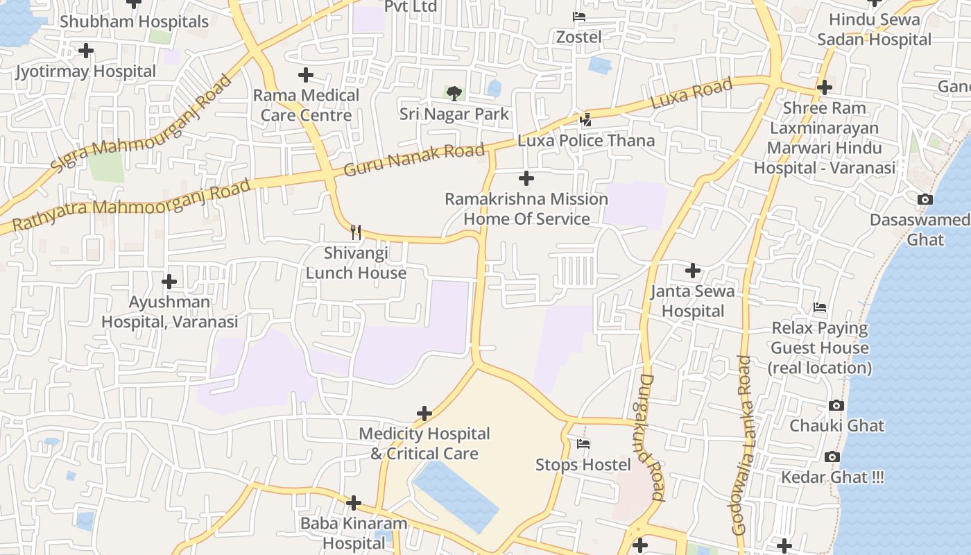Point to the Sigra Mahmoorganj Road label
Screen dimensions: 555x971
click(x=141, y=124)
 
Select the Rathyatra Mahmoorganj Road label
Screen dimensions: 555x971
click(x=131, y=205)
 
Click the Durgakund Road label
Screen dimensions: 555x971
click(x=652, y=437)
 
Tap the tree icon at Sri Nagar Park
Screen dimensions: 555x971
click(x=454, y=92)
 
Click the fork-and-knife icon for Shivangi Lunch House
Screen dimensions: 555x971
click(x=356, y=232)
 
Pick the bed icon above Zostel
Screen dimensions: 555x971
click(x=579, y=16)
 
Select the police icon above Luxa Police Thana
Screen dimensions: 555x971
click(x=586, y=119)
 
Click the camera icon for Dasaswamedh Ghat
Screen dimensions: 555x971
click(x=925, y=200)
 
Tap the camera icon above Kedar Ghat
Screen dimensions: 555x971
click(x=832, y=456)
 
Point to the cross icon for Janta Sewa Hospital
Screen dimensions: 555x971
click(x=692, y=271)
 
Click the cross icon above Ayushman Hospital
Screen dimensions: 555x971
click(x=169, y=282)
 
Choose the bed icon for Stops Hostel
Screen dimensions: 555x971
click(x=583, y=444)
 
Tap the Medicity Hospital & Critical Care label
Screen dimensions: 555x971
click(x=424, y=443)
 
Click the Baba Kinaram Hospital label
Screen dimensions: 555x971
click(x=353, y=533)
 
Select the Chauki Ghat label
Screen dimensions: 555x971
click(x=836, y=425)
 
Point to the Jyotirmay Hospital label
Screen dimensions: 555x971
click(x=86, y=71)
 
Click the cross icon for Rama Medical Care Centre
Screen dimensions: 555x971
click(x=305, y=75)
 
